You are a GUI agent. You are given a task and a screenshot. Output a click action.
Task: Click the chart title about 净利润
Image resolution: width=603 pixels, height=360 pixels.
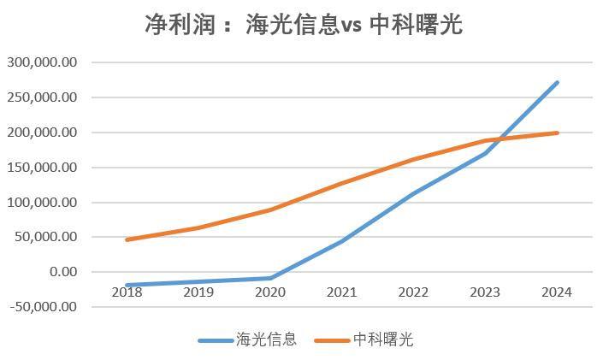(x=304, y=25)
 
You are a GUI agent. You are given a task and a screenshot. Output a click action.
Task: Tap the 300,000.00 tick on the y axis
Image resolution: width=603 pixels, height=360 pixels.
(x=42, y=62)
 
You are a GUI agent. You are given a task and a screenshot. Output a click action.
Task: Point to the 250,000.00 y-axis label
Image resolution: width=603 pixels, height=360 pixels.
(x=42, y=97)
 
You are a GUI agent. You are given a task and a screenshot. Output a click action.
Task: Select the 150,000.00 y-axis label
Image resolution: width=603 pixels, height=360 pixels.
(x=42, y=168)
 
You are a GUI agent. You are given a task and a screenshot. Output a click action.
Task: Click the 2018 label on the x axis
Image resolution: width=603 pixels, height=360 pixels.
(x=127, y=292)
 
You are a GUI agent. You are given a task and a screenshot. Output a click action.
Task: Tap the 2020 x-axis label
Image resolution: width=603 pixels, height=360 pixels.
(x=270, y=292)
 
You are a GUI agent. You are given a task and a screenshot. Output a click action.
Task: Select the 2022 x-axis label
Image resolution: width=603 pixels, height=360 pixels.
(x=413, y=292)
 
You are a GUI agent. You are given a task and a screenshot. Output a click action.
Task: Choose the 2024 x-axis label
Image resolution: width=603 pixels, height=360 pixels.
(x=557, y=292)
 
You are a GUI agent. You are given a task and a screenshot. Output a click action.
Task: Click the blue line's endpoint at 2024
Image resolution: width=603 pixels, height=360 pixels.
(x=558, y=83)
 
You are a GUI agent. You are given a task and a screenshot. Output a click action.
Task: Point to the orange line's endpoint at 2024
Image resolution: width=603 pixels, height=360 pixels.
(x=558, y=133)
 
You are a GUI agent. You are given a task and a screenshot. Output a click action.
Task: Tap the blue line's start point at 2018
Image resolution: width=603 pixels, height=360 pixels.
(x=127, y=285)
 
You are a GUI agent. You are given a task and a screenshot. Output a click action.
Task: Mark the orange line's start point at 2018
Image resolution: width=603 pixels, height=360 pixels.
(x=127, y=239)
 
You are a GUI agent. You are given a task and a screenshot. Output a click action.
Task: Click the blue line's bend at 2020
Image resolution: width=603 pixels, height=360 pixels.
(x=270, y=278)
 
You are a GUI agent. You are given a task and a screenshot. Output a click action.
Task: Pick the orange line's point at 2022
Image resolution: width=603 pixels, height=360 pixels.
(x=414, y=159)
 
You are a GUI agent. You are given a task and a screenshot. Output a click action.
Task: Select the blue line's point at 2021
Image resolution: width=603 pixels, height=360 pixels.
(x=342, y=241)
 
